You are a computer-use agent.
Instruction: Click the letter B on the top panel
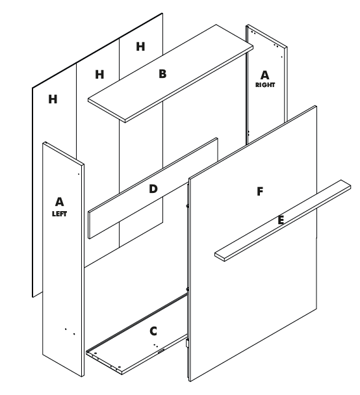click(x=162, y=74)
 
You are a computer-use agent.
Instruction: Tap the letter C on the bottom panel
click(x=153, y=331)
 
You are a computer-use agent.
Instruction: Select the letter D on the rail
click(x=153, y=188)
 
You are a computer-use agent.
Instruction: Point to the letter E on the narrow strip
click(x=281, y=220)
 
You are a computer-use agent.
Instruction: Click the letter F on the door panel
click(x=260, y=192)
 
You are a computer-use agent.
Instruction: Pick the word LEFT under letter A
click(x=59, y=214)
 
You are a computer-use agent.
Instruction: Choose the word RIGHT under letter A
click(x=265, y=85)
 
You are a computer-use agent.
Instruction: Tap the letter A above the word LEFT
click(x=59, y=202)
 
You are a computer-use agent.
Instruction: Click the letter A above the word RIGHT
click(x=264, y=75)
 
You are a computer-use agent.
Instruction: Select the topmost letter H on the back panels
click(x=140, y=47)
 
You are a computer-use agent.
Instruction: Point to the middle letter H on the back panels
click(x=99, y=75)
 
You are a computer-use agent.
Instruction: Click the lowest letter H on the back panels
click(x=53, y=99)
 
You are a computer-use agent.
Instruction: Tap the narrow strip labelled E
click(x=283, y=220)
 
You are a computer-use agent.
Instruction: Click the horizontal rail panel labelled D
click(x=153, y=188)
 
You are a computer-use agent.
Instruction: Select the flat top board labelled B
click(x=170, y=73)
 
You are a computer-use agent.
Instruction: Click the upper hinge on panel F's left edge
click(x=187, y=206)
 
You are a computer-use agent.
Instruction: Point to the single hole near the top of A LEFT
click(x=79, y=174)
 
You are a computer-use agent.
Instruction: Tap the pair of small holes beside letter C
click(x=155, y=346)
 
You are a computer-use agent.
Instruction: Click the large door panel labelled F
click(x=253, y=243)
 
